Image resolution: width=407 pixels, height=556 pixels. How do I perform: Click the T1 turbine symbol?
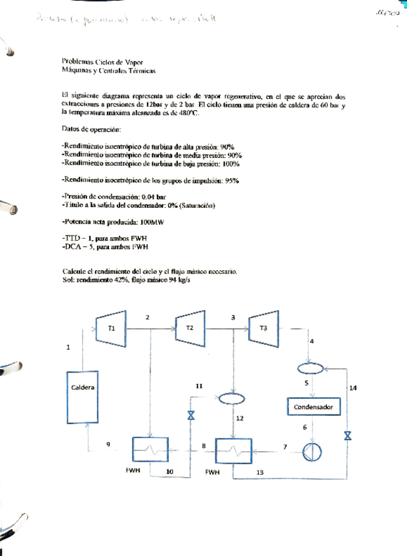[x=112, y=327]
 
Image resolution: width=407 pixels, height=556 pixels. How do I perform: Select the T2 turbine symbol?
[x=189, y=327]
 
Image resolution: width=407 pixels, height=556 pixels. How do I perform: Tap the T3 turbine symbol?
[x=263, y=327]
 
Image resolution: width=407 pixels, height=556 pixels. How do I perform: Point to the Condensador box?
[x=313, y=407]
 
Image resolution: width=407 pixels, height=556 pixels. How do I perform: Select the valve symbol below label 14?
[x=348, y=435]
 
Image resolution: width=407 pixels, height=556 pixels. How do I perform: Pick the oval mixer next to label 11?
[x=230, y=397]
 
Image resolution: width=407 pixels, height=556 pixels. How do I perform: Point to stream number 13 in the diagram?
[x=260, y=471]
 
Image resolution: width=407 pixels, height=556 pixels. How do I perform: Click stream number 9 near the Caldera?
[x=108, y=445]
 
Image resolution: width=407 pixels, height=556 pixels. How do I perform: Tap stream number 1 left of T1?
[x=68, y=348]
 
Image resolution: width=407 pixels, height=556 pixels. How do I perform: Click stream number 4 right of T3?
[x=311, y=342]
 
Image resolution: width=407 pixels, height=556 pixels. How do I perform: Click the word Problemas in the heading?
[x=77, y=60]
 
